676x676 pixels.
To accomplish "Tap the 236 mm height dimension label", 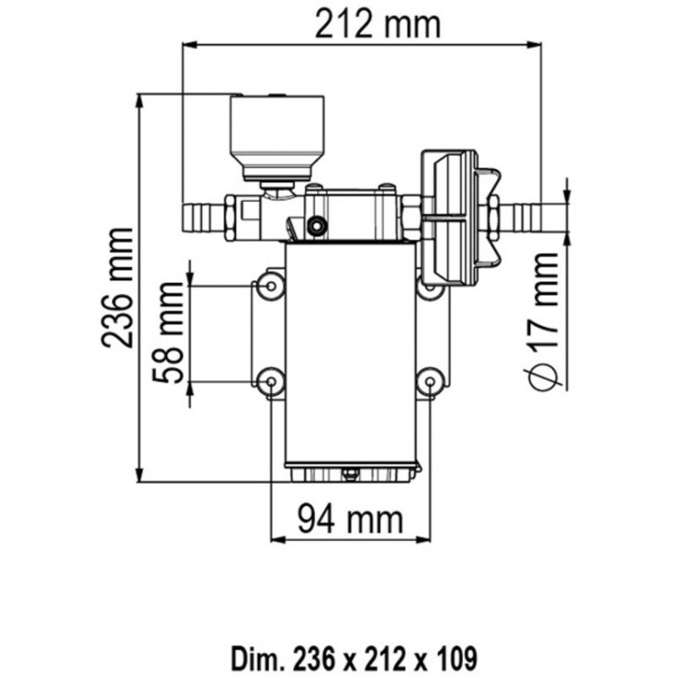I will (x=117, y=287).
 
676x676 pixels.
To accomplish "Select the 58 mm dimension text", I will (x=171, y=334).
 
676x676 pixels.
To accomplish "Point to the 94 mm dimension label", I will (x=348, y=517).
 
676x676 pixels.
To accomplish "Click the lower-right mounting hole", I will (x=430, y=383).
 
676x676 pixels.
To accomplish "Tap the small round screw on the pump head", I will (x=317, y=226).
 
